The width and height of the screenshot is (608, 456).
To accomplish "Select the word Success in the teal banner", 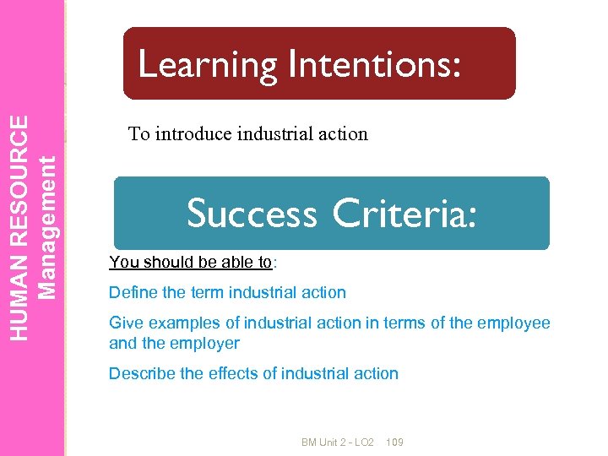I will (x=252, y=213).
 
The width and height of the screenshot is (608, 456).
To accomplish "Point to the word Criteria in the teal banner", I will (x=404, y=213).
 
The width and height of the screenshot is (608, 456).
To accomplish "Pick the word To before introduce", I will (x=138, y=133).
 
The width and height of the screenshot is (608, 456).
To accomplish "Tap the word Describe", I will (x=142, y=373).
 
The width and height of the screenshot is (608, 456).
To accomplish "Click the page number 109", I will (x=394, y=442).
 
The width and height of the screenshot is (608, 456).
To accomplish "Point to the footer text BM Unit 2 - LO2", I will (x=338, y=442).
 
